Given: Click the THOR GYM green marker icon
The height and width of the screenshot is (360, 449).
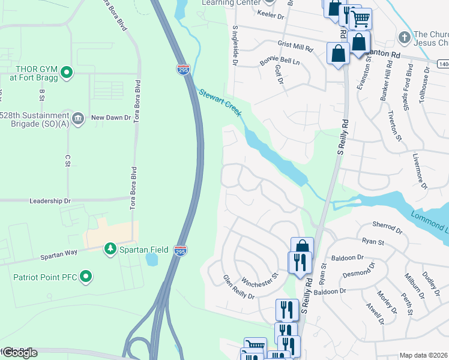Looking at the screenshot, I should [x=67, y=73].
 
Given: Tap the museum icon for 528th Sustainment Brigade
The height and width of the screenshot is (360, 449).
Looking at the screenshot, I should [x=77, y=118].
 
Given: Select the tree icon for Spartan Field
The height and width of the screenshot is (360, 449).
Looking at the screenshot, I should [x=110, y=248].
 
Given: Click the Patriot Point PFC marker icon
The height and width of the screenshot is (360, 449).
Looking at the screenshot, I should [x=86, y=277].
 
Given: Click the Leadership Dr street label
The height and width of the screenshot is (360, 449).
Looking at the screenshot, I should [x=50, y=202].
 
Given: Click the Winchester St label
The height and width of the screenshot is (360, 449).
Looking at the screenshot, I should [x=260, y=280].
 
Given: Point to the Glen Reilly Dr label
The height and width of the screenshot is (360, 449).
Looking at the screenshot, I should [x=238, y=287].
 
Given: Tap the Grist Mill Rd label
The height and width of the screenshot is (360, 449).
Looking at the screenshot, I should [x=295, y=46].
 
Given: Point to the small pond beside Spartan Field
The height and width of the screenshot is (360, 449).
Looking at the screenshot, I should [x=151, y=259].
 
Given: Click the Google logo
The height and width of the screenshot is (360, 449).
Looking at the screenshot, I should [x=19, y=353].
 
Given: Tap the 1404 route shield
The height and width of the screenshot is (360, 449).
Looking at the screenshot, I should [x=443, y=62].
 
